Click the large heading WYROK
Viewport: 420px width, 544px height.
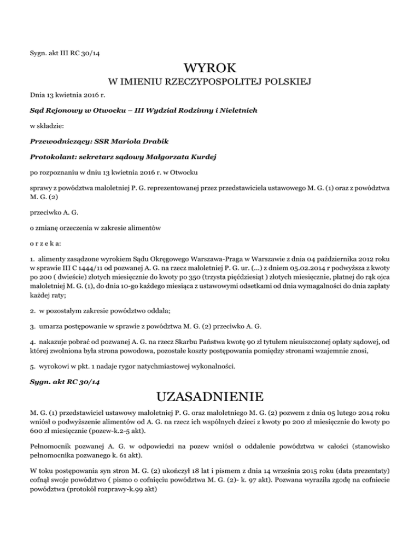pyautogui.click(x=210, y=69)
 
